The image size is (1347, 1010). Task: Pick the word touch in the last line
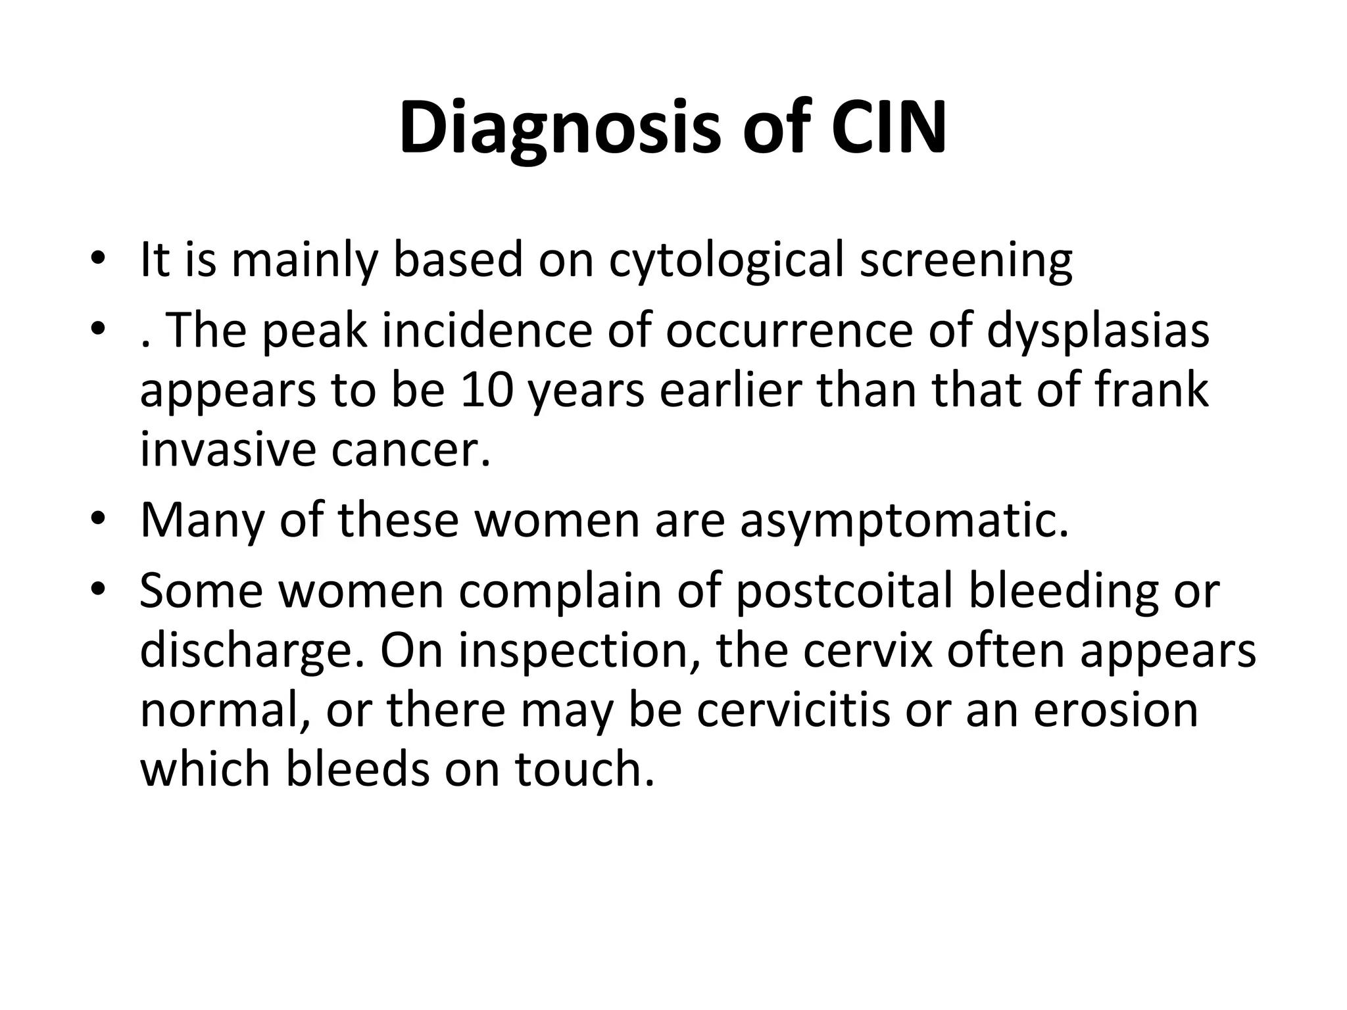585,769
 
